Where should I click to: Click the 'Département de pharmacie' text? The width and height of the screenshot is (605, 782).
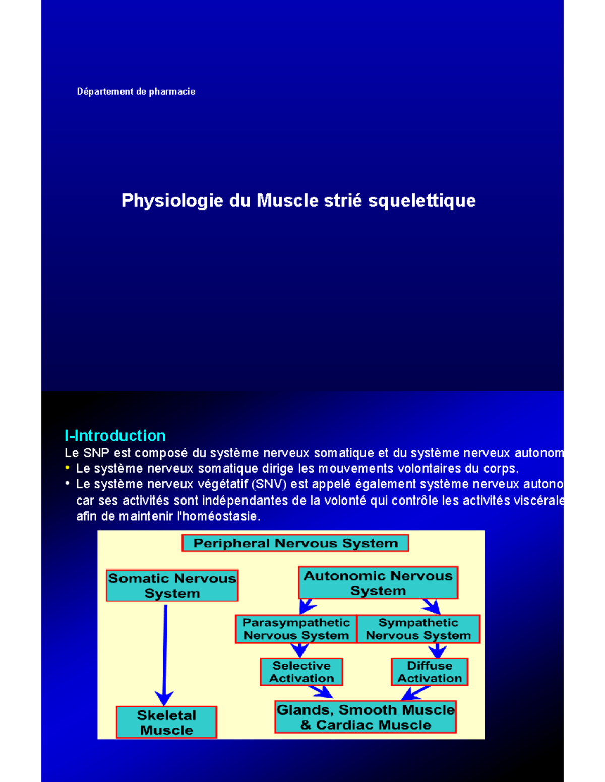[136, 92]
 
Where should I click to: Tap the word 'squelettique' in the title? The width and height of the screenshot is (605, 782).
[421, 200]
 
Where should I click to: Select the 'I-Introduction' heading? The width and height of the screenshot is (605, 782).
[115, 435]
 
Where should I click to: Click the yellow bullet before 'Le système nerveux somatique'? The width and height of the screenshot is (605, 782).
[67, 468]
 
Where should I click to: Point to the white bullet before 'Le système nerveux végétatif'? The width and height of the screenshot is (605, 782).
[67, 484]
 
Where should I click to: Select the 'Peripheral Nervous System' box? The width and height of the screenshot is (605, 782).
[295, 543]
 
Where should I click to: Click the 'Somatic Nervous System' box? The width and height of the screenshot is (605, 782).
[172, 585]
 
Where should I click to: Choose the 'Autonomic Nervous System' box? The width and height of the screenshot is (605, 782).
[378, 583]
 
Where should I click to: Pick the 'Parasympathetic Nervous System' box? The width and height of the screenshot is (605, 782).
[296, 629]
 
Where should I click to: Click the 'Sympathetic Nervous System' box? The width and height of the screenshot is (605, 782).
[418, 629]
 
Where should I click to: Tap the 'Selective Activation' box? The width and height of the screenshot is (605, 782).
[301, 672]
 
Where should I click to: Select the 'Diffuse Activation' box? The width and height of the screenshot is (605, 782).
[430, 672]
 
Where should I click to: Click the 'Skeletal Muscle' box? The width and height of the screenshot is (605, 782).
[166, 722]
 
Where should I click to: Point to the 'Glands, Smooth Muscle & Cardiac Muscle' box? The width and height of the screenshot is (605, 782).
[366, 717]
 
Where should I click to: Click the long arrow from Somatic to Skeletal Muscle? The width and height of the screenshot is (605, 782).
[165, 650]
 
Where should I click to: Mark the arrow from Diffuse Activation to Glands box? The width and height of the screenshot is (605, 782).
[415, 693]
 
